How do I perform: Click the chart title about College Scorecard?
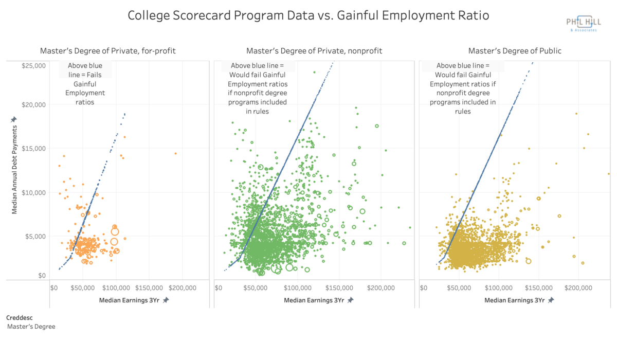click(308, 16)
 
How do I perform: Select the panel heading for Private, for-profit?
click(108, 51)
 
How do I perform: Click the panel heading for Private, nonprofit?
click(314, 51)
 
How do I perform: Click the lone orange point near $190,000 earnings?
click(175, 153)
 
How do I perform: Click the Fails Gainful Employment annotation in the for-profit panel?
click(85, 84)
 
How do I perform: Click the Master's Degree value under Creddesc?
click(31, 327)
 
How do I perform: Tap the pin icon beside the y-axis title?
click(14, 119)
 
